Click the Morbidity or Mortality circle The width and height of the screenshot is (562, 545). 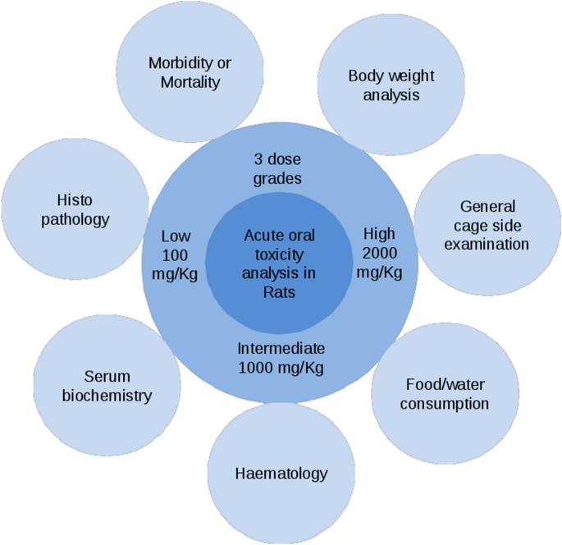pos(190,72)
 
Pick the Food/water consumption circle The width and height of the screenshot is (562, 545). pos(447,393)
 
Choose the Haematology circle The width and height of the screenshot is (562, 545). pos(281,474)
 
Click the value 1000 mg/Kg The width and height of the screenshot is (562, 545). pos(281,367)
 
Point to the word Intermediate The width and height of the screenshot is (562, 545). pos(281,347)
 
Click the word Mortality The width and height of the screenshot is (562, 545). pos(190,82)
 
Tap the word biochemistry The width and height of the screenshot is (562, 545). pos(118,396)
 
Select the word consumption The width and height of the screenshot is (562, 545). pos(447,404)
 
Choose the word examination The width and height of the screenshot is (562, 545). pos(487,244)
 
